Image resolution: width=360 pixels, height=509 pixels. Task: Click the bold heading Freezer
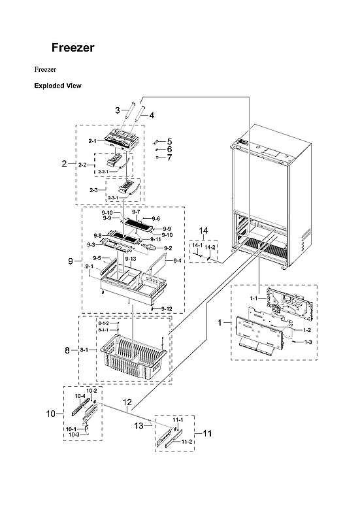(73, 48)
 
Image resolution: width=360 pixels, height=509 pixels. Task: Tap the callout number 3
(117, 110)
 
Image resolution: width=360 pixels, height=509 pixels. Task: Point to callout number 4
(152, 116)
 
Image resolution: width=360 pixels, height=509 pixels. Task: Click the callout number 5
(169, 141)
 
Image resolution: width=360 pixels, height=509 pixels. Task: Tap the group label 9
(70, 261)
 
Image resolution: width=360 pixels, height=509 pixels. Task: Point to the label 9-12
(167, 308)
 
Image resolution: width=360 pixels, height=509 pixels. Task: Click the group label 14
(204, 231)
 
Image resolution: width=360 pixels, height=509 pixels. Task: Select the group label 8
(67, 351)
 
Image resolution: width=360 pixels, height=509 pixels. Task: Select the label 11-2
(186, 442)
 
